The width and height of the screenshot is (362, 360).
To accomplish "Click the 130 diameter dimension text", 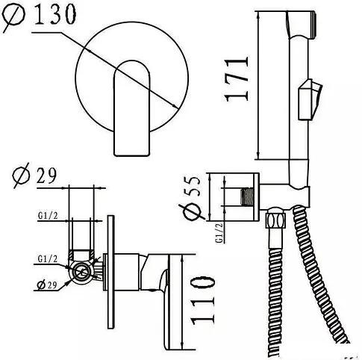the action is coord(39,14).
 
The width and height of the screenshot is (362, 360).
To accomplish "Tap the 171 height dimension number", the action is coord(237,79).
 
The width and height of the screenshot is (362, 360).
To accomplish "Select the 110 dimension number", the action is coord(202,300).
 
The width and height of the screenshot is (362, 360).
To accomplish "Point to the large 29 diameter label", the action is coord(35,175).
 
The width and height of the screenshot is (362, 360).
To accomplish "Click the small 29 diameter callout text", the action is coord(47,285).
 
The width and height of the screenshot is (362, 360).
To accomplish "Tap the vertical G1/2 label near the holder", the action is coord(219,233).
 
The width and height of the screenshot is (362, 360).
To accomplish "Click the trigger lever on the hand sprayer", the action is coord(310,99).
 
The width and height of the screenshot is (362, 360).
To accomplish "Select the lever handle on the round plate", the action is coord(132,108).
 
